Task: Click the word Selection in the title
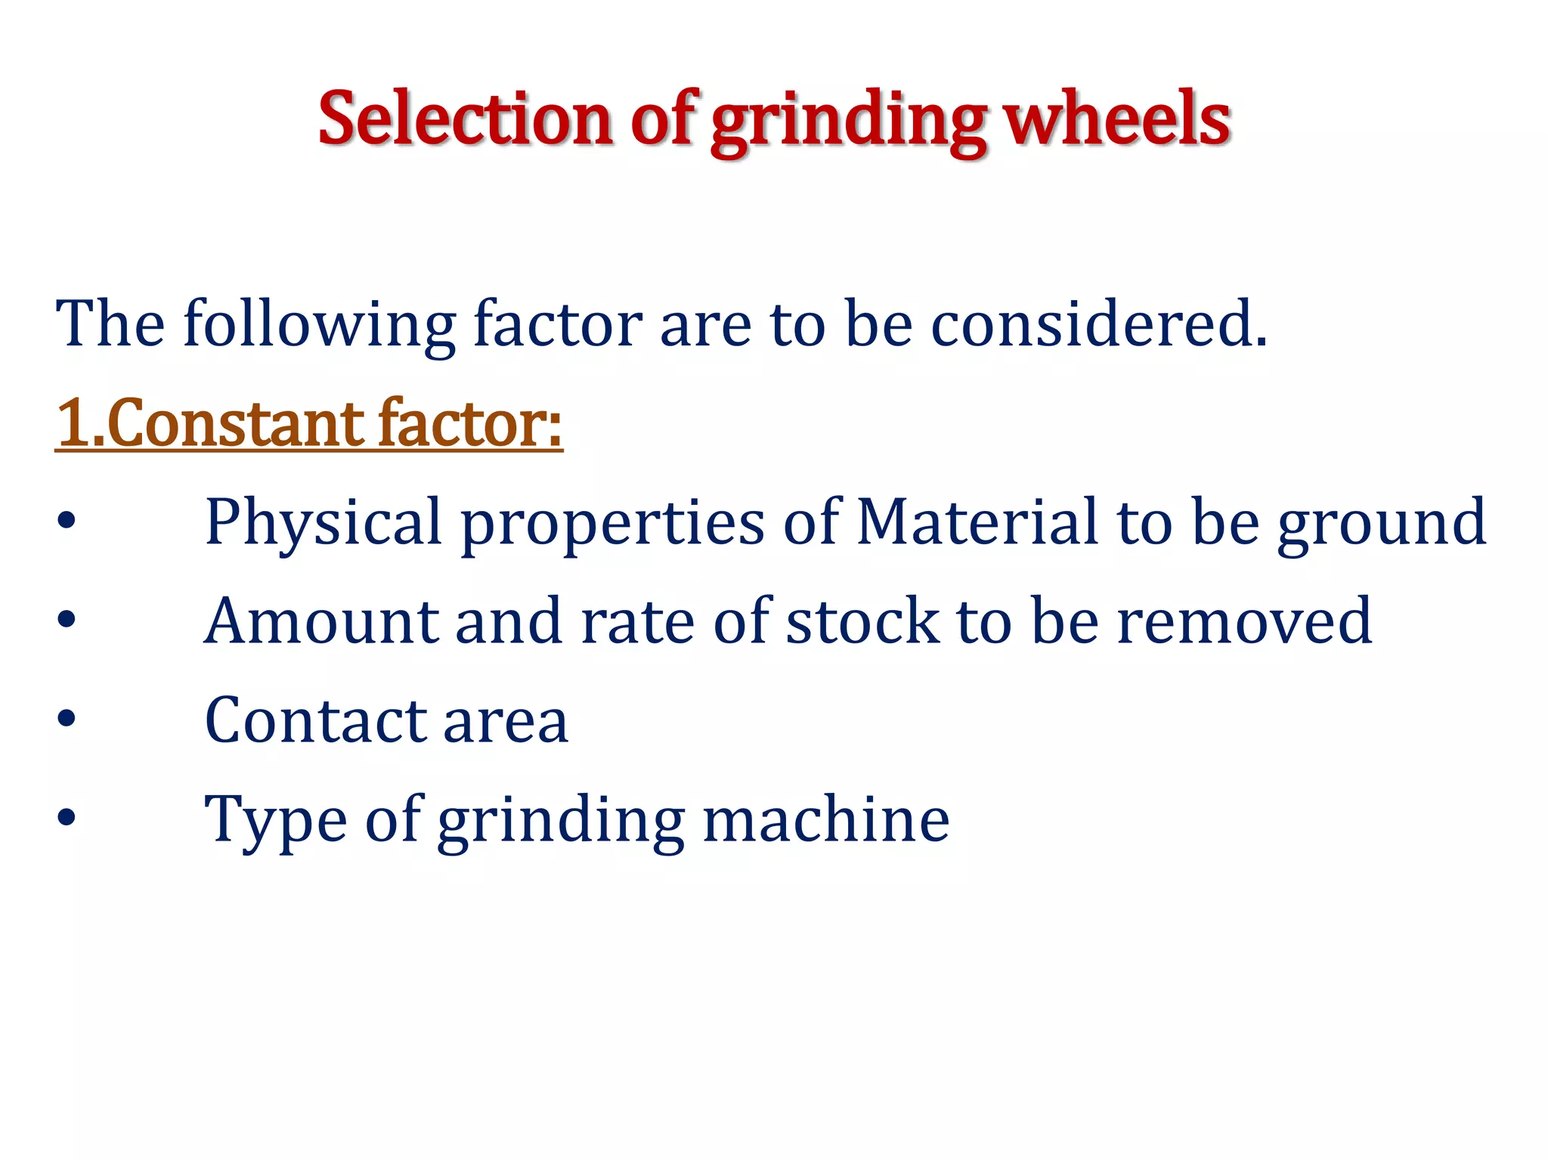pos(464,119)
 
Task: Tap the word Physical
pos(323,523)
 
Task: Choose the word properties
pos(612,523)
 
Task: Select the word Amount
pos(320,621)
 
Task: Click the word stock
pos(862,621)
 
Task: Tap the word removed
pos(1244,621)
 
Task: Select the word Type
pos(276,821)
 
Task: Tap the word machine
pos(826,819)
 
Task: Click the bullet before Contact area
pos(67,718)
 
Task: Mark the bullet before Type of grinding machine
pos(67,817)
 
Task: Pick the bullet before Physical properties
pos(67,520)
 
